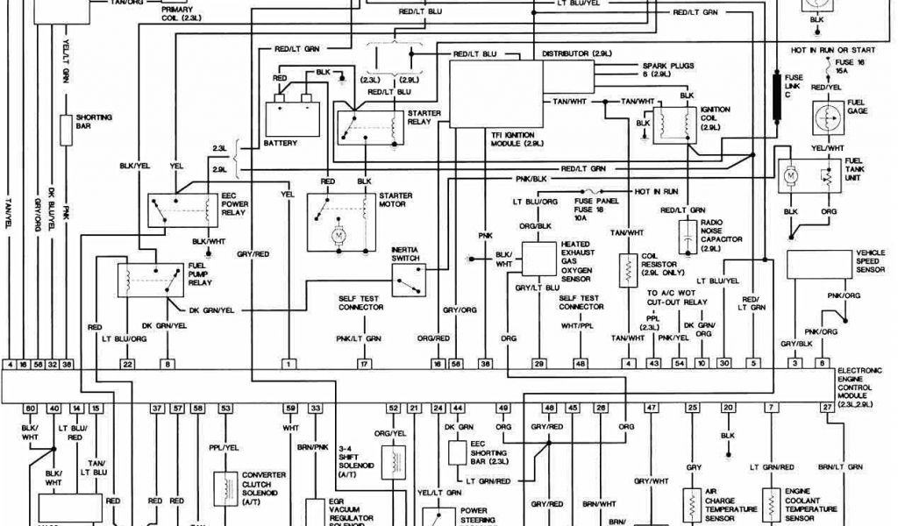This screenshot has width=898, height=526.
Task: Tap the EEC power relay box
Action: (x=182, y=209)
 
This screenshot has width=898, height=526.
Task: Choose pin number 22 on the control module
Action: (x=128, y=362)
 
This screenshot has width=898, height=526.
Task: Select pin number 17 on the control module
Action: (x=362, y=362)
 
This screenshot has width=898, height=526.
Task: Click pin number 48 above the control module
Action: (x=580, y=362)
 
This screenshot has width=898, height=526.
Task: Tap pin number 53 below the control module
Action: (x=226, y=409)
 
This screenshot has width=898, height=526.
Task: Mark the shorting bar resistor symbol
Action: (x=65, y=129)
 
